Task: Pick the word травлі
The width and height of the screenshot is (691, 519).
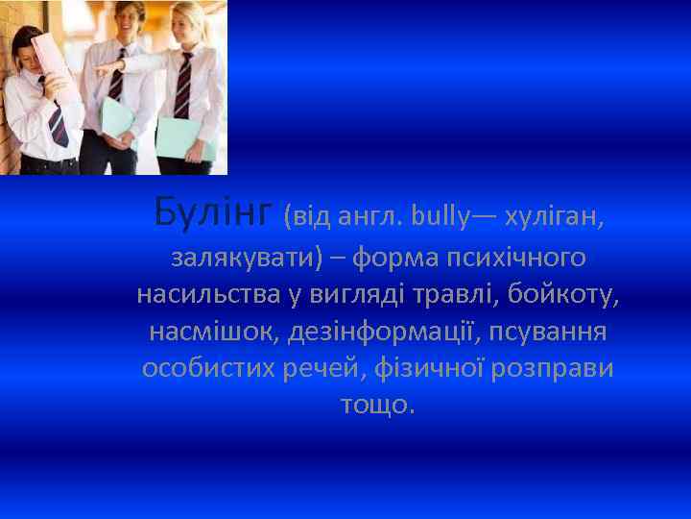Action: click(456, 295)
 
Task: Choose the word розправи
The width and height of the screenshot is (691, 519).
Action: click(554, 368)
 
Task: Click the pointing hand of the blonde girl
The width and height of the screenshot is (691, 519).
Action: click(104, 70)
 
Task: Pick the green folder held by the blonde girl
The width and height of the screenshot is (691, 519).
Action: click(186, 136)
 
